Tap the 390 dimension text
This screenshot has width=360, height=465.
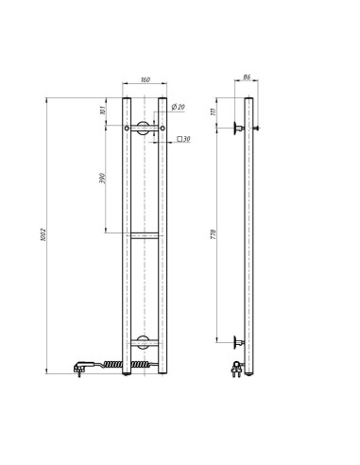pos(103,180)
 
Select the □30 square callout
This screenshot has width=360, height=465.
pos(184,140)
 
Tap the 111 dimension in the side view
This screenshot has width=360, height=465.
pos(214,111)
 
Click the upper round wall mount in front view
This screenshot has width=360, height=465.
pos(143,129)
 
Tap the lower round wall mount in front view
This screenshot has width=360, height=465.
pos(143,342)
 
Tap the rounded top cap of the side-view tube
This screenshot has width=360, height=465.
pos(250,97)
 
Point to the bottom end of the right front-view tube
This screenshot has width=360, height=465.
pos(163,374)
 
